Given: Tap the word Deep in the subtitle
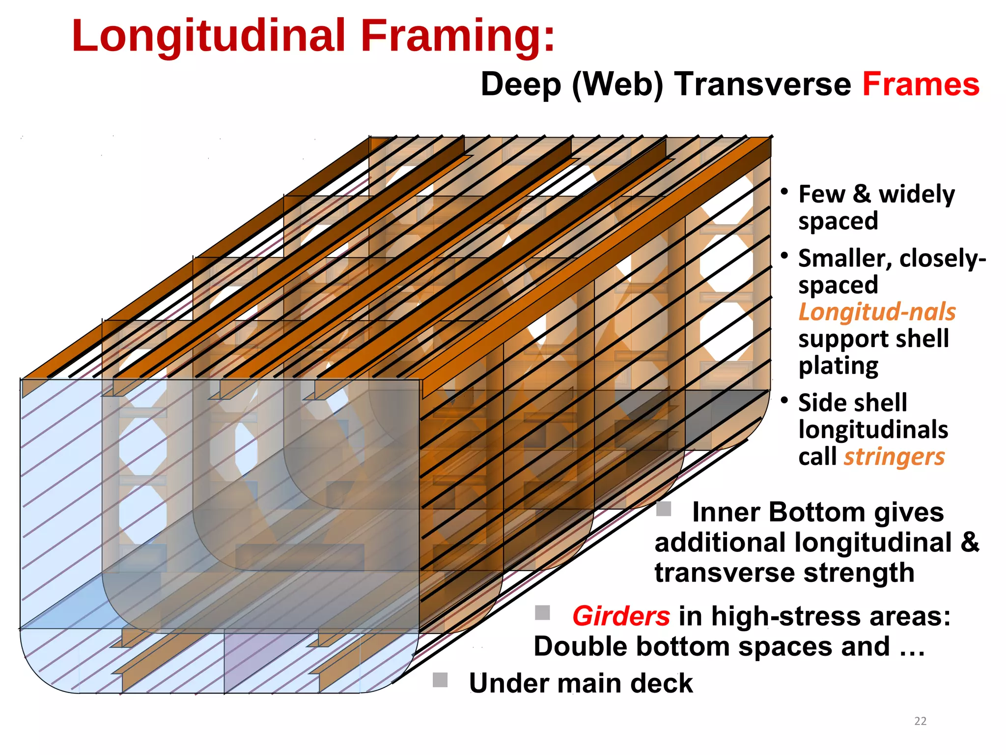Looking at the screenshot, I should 521,85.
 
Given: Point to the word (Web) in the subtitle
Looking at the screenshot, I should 617,85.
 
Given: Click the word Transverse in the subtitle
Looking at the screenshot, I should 763,85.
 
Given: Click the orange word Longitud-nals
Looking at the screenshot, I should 877,312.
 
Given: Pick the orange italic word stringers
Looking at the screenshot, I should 894,457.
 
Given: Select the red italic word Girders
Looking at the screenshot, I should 621,616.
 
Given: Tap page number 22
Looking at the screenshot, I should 920,721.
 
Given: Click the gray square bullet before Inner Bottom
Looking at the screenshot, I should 664,509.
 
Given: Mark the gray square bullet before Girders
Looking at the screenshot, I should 542,612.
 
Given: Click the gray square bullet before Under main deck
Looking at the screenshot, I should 440,680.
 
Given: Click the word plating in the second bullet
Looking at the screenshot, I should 838,366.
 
